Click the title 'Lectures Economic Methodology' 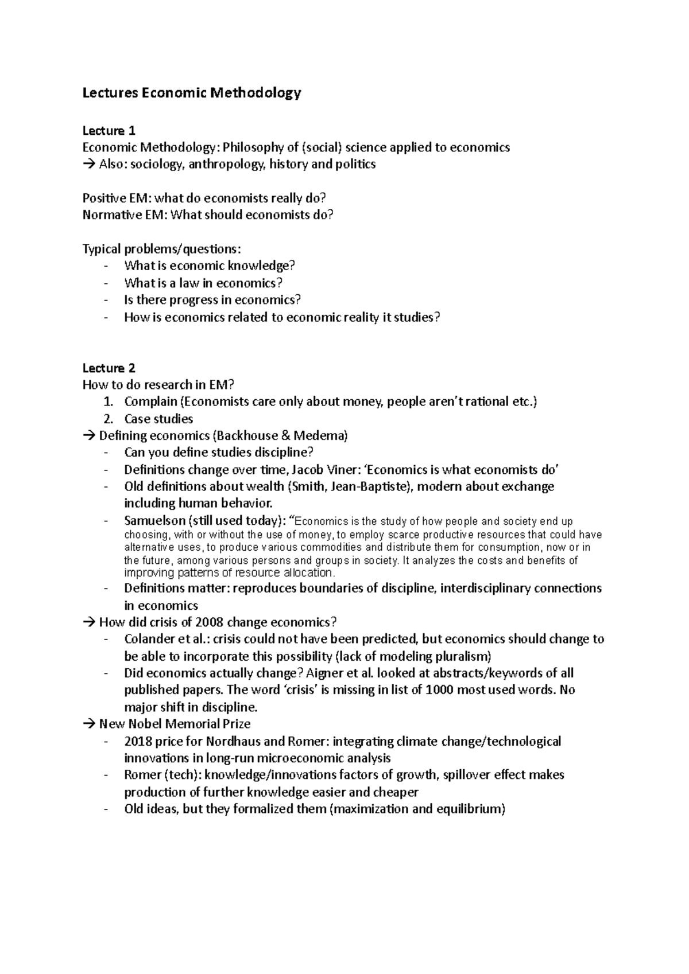point(192,93)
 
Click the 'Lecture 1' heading point(109,131)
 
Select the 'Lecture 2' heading point(109,368)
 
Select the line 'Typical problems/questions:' point(162,249)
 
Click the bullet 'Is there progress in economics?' point(212,300)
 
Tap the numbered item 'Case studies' point(158,419)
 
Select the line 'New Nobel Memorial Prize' point(175,724)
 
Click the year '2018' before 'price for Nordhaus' point(138,741)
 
